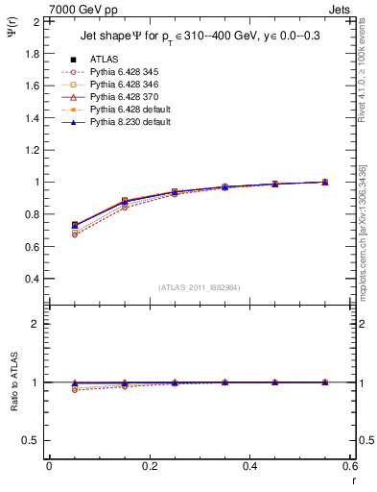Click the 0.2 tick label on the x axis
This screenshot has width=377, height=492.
pos(149,465)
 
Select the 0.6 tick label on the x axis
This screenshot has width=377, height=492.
pos(349,465)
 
